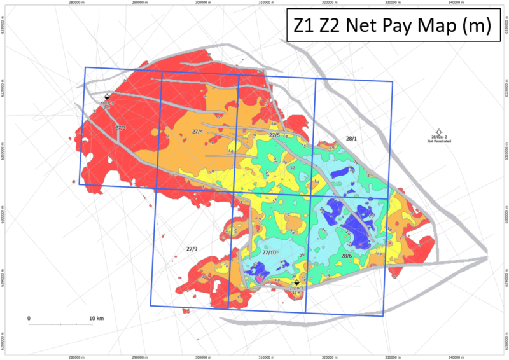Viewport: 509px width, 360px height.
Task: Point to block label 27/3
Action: tap(120, 128)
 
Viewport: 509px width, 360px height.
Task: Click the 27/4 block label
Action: tap(197, 132)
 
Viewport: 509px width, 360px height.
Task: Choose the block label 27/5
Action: tap(274, 135)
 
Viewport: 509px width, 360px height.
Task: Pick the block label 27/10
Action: tap(269, 253)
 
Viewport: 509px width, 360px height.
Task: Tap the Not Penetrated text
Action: tap(439, 141)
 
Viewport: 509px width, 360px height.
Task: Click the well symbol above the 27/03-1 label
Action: tap(107, 97)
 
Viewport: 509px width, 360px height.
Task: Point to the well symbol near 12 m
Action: tap(297, 283)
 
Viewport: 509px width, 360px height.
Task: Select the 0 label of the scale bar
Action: tap(29, 317)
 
